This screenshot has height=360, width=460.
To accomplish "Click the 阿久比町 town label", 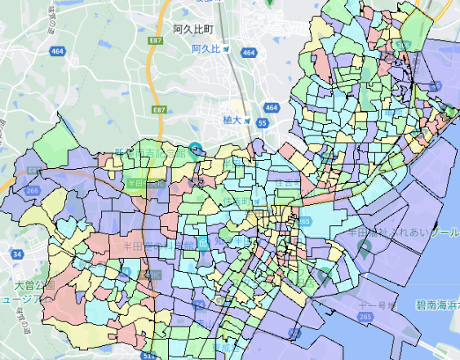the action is coord(192,29).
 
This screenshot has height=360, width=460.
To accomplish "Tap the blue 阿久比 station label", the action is coord(206,49).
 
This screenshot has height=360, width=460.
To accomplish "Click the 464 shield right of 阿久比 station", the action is coord(248,53).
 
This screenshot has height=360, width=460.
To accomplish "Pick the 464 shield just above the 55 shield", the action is coord(271,108).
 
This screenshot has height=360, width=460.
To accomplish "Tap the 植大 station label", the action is coord(233,120).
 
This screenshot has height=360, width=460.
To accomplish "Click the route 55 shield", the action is coord(262,123).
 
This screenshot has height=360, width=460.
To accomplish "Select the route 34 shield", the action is coord(17,256).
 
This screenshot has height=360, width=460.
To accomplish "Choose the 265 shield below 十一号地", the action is coord(365,316).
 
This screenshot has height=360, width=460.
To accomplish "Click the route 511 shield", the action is coord(148,355).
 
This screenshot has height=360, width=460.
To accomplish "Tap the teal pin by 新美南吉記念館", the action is coord(194,149).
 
